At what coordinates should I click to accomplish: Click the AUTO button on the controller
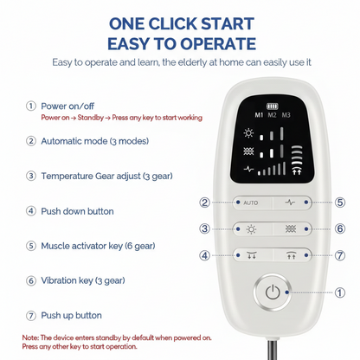251,202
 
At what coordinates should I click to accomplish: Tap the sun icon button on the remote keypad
251,229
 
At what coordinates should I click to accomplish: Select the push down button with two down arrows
251,256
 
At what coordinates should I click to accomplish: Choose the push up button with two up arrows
292,256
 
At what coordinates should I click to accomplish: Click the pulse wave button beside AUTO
292,202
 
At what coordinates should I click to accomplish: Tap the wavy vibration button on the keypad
292,229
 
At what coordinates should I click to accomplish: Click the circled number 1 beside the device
340,292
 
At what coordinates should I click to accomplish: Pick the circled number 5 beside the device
340,202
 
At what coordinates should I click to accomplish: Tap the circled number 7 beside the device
340,256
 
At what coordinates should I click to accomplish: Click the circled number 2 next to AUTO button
205,202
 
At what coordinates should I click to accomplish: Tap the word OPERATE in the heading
206,43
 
